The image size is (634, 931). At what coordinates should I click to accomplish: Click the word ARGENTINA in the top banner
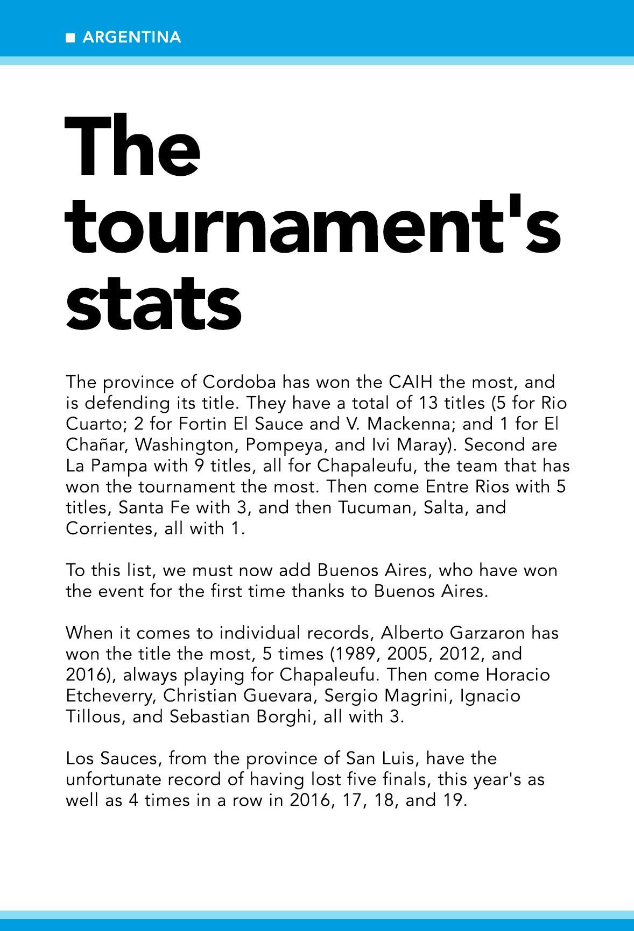click(x=132, y=38)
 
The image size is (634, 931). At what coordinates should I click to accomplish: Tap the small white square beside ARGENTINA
click(x=70, y=38)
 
